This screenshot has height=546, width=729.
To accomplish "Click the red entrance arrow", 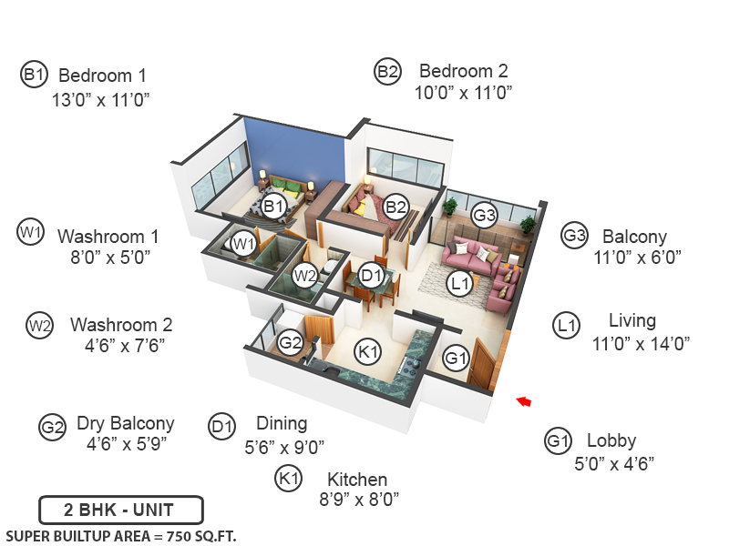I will point(524,400).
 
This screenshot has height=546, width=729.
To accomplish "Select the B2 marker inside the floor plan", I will point(395,207).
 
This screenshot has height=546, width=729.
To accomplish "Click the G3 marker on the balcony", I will point(485,216).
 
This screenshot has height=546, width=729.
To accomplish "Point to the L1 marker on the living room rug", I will point(461,285).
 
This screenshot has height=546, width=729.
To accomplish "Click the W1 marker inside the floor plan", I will point(242,243).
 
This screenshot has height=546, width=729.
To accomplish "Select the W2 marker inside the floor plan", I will point(304,274).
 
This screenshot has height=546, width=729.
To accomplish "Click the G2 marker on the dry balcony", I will point(291,343).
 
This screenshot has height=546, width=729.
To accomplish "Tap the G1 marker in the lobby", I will point(456,359).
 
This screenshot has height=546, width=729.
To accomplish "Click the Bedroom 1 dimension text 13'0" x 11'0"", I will point(100,98).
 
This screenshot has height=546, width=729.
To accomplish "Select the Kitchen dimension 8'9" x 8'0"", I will point(358,499).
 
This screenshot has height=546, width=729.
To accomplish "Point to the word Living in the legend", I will point(631,320).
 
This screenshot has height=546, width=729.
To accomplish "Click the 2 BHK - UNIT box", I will point(120,510).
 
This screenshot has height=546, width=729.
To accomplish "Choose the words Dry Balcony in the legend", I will point(125,423).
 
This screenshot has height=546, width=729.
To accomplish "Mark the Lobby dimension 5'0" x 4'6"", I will point(614,462).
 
